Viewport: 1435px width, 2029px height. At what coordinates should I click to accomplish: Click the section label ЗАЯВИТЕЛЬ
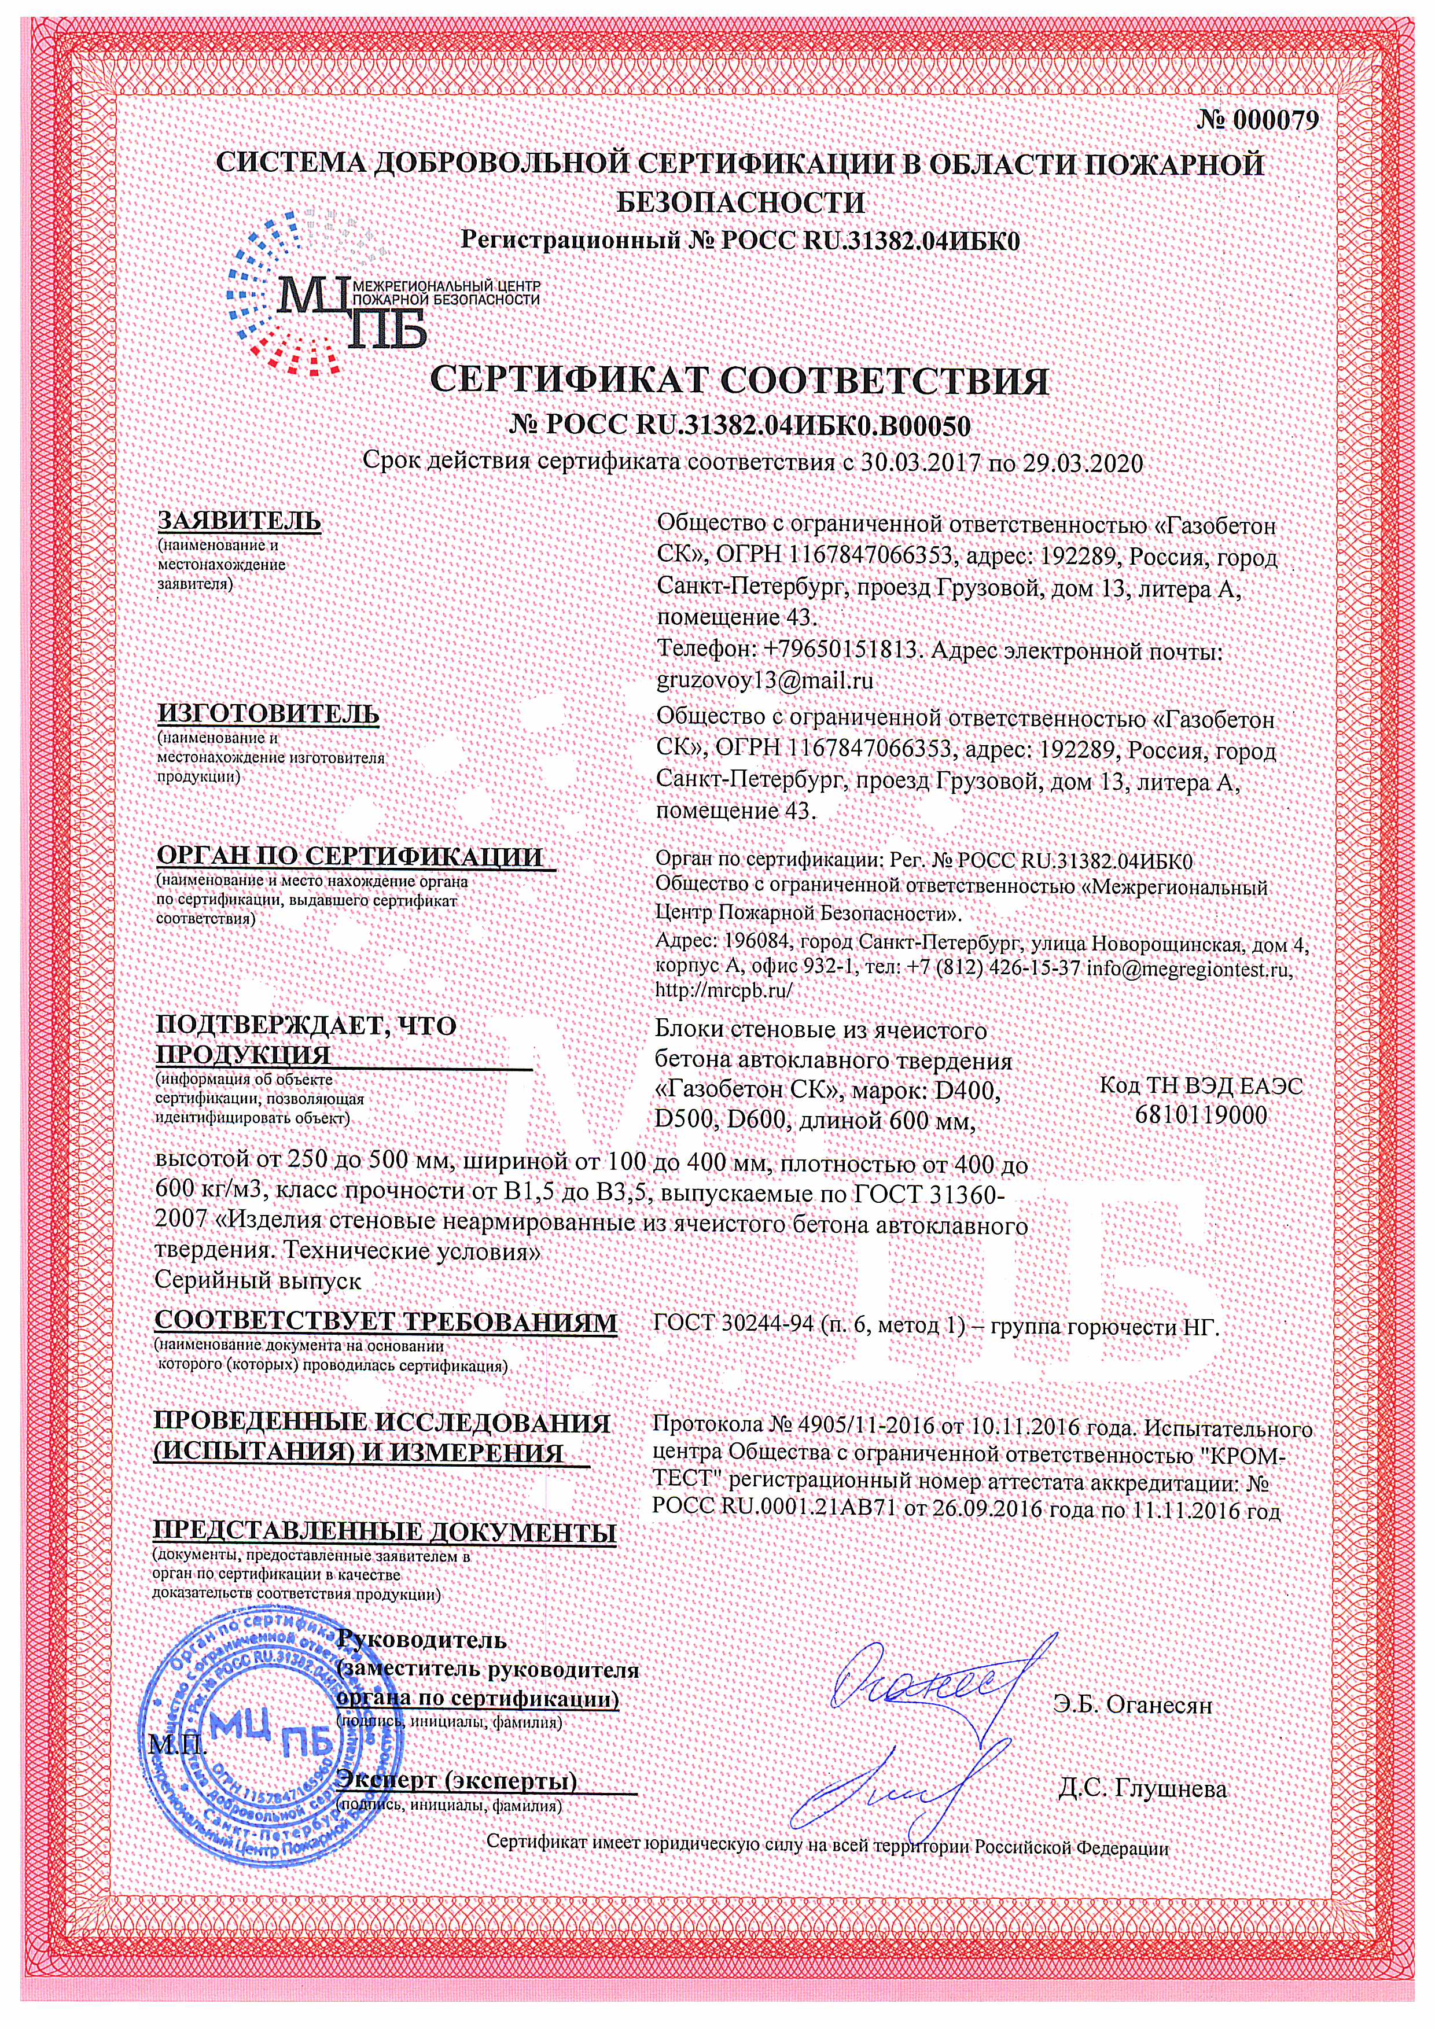[238, 521]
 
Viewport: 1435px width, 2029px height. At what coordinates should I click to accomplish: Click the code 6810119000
[1201, 1115]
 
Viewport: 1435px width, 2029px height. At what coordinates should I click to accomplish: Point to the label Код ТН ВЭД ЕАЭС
[1201, 1086]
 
